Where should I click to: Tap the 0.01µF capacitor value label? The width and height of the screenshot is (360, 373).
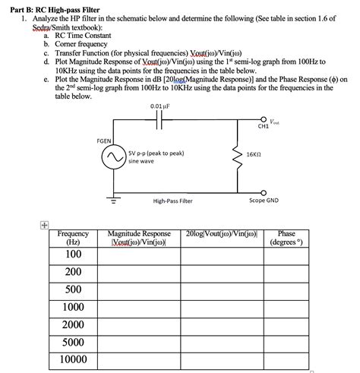160,106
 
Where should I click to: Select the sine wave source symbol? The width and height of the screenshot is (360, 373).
115,156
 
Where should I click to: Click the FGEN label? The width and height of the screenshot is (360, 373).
106,141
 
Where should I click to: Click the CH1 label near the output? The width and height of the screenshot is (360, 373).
263,127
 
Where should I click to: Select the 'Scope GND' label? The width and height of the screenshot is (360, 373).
264,201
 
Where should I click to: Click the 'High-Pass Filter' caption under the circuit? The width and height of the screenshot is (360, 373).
172,201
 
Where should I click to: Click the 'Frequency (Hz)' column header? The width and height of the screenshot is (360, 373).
73,238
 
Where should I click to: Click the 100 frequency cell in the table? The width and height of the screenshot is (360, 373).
74,254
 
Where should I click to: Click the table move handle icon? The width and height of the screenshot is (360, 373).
45,226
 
